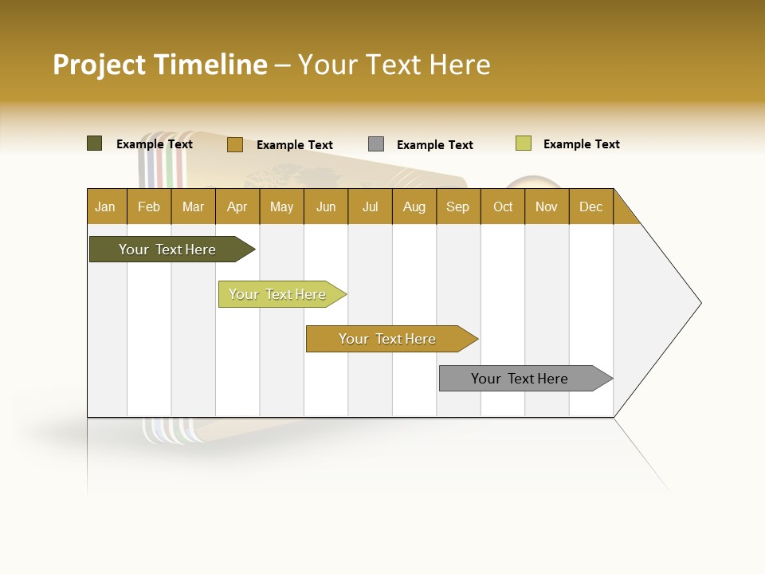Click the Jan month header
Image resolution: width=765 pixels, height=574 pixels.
[x=105, y=206]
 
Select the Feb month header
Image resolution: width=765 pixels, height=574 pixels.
[x=149, y=206]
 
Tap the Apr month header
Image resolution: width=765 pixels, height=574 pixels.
[x=237, y=206]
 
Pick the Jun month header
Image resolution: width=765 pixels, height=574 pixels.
[x=326, y=206]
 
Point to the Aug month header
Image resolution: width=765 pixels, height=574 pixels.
[x=414, y=206]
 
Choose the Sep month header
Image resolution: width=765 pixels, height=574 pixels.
[x=457, y=206]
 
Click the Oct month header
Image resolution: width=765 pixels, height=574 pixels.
[x=503, y=206]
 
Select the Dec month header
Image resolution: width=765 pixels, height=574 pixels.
[x=590, y=206]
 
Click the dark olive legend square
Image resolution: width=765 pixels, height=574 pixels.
[x=94, y=143]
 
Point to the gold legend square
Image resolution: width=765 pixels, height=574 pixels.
[x=234, y=144]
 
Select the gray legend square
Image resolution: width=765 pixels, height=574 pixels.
[x=376, y=144]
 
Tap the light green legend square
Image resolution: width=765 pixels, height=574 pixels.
[x=523, y=143]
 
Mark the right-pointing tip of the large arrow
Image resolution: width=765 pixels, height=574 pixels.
[x=700, y=303]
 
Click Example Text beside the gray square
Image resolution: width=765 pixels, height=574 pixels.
[x=434, y=145]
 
